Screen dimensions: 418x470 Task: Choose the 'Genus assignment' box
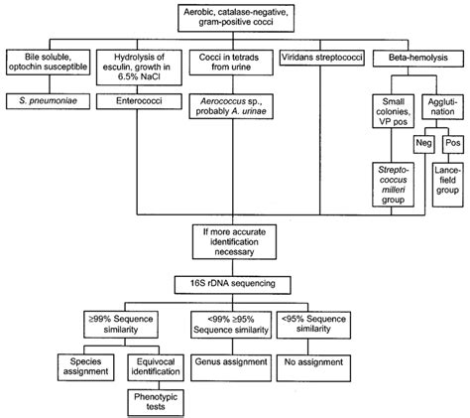tap(235, 361)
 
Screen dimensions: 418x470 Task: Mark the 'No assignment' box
tap(327, 361)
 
